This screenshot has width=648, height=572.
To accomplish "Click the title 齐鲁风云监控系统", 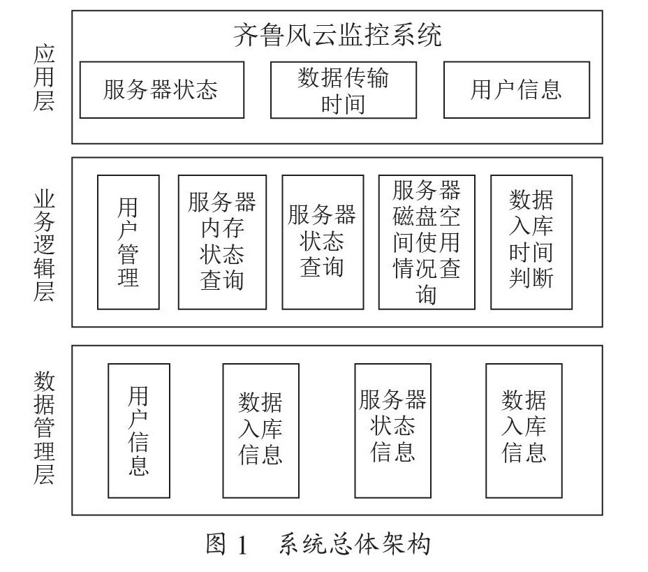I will (x=337, y=35).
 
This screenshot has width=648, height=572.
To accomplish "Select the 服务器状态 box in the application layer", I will (x=161, y=90).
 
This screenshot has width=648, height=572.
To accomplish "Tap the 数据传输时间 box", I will (x=343, y=90).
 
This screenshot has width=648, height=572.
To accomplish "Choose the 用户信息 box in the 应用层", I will (x=516, y=90).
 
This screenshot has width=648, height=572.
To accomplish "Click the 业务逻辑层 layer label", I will (x=44, y=242).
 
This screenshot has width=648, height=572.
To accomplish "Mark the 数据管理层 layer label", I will (x=44, y=428).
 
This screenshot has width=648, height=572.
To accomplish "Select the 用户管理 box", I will (x=128, y=242).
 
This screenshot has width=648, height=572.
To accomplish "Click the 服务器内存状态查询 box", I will (x=222, y=242).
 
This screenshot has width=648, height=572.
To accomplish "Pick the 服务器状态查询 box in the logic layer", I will (x=322, y=242).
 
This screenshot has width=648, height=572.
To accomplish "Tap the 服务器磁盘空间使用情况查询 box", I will (x=426, y=242).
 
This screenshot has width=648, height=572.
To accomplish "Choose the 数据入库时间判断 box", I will (x=531, y=242).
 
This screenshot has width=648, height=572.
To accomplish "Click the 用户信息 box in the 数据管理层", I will (x=138, y=430).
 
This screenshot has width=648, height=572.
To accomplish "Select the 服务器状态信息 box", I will (x=392, y=430).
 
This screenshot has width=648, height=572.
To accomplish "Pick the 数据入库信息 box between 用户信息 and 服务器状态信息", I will (x=260, y=430).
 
